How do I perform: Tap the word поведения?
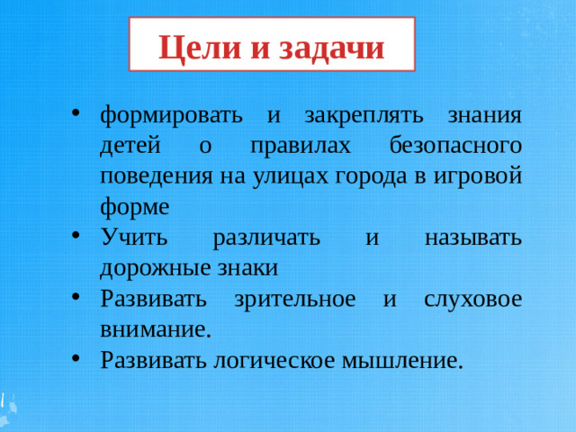click(156, 175)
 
